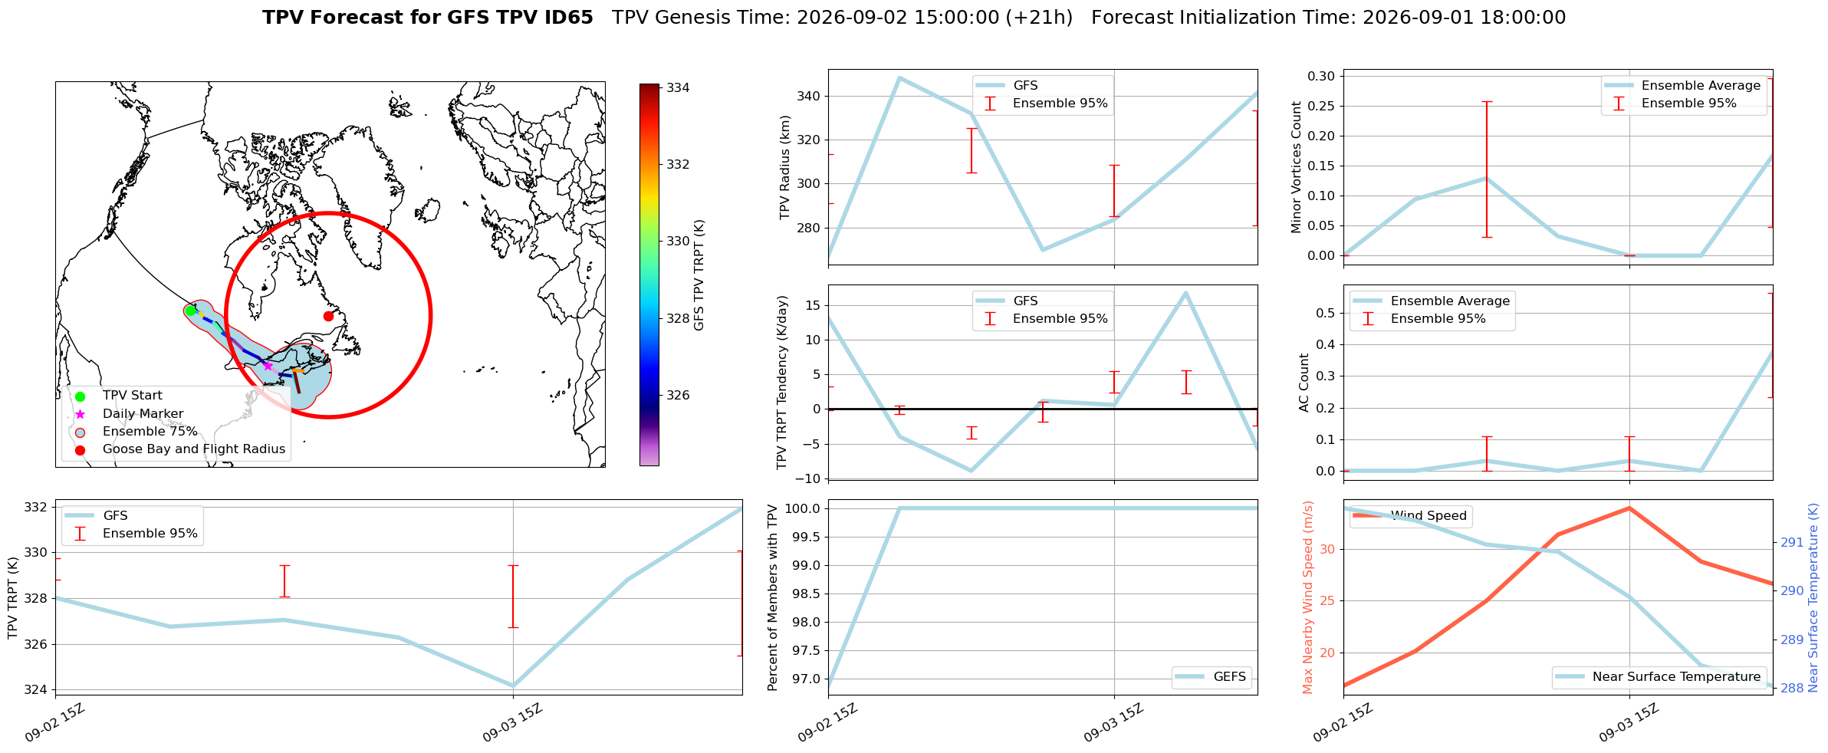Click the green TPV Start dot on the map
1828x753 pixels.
click(190, 311)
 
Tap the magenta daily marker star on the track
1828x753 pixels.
click(268, 366)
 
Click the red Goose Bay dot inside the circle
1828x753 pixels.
click(328, 316)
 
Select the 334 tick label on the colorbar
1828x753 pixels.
click(678, 87)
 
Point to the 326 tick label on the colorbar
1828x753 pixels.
click(678, 395)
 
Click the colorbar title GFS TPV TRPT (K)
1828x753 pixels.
click(699, 275)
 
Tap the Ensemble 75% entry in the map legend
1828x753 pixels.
click(150, 431)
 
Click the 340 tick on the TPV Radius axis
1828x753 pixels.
click(810, 96)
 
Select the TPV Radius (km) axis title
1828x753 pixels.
click(784, 167)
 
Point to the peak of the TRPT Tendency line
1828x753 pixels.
click(1185, 293)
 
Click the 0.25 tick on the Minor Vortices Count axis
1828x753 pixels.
click(1322, 106)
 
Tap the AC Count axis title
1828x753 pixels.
click(1304, 383)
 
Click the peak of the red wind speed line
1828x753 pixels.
click(1629, 508)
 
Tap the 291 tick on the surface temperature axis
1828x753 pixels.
click(1792, 542)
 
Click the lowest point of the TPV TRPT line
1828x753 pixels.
click(513, 686)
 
